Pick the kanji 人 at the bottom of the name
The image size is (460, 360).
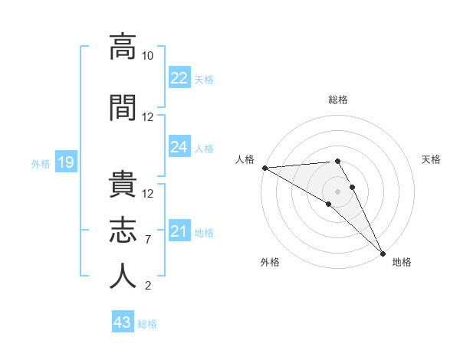click(x=123, y=277)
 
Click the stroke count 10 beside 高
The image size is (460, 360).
click(x=148, y=56)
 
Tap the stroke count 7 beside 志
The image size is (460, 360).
click(x=148, y=240)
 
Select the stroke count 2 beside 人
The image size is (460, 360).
click(x=148, y=286)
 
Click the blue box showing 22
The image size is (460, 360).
click(x=179, y=78)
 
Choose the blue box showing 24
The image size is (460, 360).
click(x=179, y=147)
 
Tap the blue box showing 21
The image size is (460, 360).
click(x=179, y=231)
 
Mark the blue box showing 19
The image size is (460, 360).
click(x=65, y=162)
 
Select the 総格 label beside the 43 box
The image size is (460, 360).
click(x=147, y=324)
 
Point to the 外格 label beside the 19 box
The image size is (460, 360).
click(x=41, y=163)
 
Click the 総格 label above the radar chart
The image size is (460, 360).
click(x=338, y=100)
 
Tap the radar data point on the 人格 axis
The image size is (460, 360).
click(x=264, y=168)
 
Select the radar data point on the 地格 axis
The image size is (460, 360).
click(x=383, y=254)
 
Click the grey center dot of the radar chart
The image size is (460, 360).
click(x=337, y=191)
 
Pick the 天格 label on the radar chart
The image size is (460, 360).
click(x=432, y=159)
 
